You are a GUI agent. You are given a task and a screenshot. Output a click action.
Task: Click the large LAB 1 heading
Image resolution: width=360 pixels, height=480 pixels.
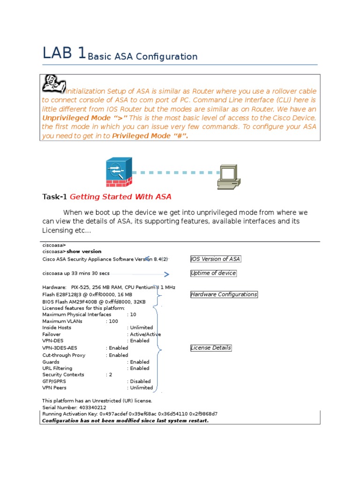click(64, 53)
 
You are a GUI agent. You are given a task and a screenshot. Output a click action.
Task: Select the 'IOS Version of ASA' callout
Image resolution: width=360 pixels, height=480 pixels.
click(216, 259)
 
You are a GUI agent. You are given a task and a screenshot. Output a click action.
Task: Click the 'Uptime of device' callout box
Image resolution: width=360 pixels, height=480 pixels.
click(213, 273)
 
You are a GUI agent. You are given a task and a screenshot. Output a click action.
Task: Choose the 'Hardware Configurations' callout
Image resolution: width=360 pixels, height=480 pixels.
click(224, 294)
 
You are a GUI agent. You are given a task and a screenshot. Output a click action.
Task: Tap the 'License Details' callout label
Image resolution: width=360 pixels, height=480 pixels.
click(211, 348)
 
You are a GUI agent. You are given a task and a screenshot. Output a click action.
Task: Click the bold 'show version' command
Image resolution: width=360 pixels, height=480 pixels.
click(84, 251)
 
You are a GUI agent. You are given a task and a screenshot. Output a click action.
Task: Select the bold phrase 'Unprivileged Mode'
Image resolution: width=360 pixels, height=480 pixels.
click(72, 118)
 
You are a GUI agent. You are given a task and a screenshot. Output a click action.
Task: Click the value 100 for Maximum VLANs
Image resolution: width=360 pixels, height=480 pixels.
click(113, 321)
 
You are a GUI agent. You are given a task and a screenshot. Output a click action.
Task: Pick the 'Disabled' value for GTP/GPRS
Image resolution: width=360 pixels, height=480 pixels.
click(140, 381)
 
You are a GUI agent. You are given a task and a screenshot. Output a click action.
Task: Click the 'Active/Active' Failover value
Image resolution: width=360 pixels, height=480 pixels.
click(145, 334)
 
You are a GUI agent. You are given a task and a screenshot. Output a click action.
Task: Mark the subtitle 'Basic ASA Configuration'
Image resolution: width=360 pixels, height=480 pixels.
click(142, 57)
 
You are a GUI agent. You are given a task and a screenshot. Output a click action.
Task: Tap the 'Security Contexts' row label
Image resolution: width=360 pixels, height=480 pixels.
click(63, 375)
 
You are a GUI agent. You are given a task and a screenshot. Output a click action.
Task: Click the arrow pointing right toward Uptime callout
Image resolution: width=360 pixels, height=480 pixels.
click(166, 274)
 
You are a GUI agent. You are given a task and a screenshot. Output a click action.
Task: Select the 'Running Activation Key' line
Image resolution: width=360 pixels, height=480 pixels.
click(130, 414)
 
